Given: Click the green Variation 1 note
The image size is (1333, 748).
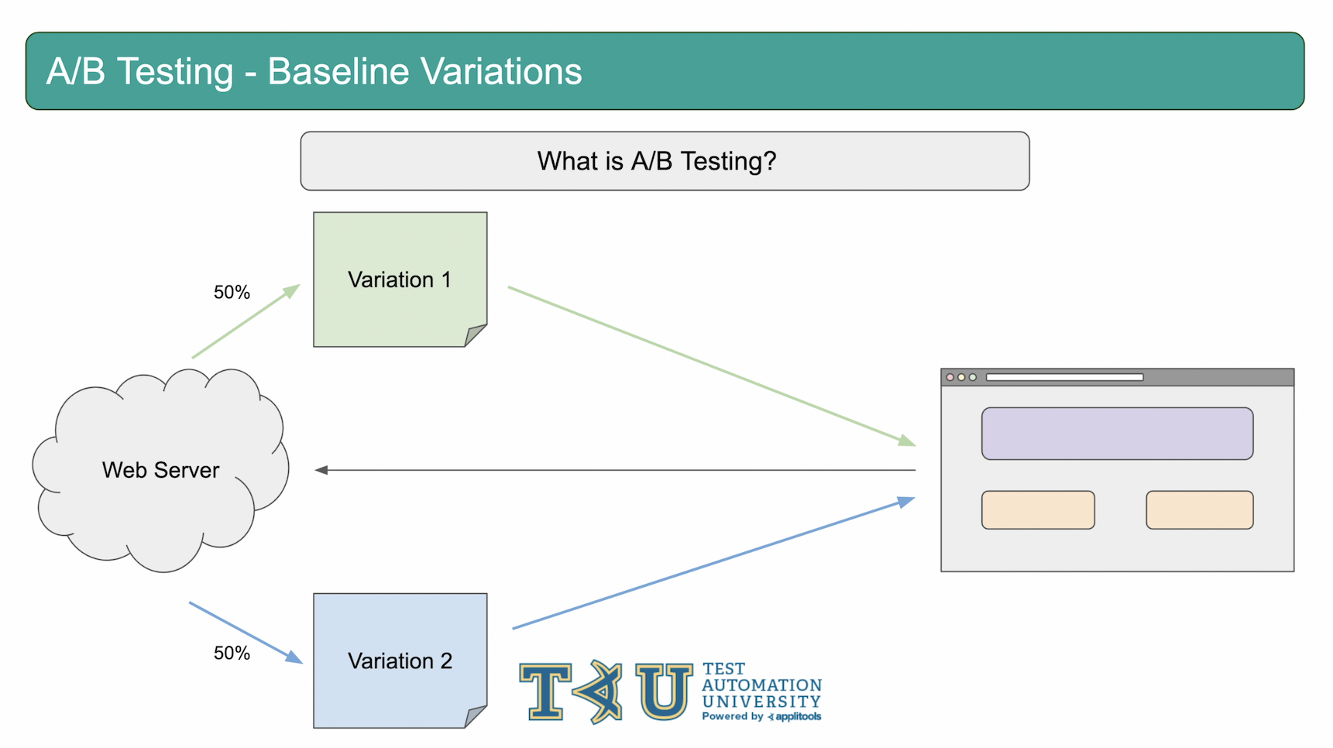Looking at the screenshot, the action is [400, 280].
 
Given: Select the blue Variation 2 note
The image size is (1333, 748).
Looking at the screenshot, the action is [400, 661].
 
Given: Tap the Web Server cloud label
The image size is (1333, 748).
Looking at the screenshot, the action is [161, 470].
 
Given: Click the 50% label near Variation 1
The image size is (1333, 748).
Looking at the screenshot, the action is [232, 292].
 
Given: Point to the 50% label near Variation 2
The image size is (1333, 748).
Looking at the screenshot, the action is [232, 653].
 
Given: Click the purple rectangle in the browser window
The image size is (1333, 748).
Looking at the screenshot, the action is [1117, 434].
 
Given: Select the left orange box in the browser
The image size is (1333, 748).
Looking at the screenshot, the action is [1038, 510].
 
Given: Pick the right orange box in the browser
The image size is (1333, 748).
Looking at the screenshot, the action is [1200, 510].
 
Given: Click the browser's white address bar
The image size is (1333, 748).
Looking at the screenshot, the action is [1064, 377].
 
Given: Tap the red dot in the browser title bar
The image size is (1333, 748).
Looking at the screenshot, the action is [950, 377].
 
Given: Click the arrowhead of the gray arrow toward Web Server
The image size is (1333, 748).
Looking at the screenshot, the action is [321, 470].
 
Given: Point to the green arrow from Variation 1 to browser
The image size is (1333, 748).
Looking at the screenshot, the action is [712, 366].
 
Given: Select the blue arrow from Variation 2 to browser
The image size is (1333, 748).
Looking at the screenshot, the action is [713, 563].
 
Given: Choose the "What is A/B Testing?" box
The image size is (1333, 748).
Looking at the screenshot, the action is [665, 161].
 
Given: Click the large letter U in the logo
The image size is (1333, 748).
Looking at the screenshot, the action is [664, 691].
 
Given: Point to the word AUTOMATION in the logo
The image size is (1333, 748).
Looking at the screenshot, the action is [762, 685].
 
